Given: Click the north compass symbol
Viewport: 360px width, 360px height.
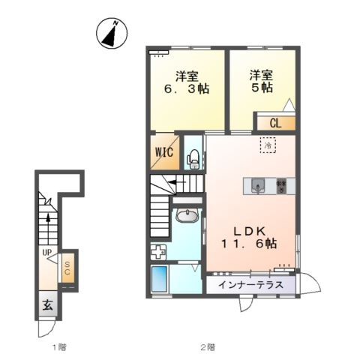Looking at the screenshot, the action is [112, 33].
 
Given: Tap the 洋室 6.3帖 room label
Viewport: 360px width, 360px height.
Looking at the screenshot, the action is [187, 82].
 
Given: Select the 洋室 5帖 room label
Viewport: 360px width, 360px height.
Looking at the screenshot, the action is [262, 82].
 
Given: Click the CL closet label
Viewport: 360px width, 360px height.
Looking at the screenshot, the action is [275, 123].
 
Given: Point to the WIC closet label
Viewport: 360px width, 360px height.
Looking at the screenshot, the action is [164, 151].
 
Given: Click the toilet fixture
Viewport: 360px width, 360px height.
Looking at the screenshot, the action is [193, 159].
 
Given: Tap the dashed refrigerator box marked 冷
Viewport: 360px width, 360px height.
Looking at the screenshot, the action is [268, 145].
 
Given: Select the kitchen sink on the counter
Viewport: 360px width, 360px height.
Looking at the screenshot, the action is [257, 186].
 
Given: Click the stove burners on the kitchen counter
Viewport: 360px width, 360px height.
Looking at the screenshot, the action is [281, 186].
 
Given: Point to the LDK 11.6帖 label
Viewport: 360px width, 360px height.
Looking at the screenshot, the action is [249, 238].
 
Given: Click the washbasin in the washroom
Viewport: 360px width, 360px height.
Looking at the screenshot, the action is [187, 215].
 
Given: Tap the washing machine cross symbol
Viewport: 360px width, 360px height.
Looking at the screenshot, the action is [158, 252].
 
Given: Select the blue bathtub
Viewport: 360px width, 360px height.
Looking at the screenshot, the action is [159, 279].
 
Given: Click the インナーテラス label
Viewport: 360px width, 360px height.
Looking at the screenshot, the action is [250, 285].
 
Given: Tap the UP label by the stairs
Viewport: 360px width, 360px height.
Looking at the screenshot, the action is [46, 253].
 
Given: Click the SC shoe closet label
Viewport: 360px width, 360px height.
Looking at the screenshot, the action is [67, 268].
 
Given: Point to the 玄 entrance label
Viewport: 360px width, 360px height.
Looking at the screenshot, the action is [47, 305].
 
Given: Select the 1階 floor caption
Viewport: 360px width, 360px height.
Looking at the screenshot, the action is [59, 347].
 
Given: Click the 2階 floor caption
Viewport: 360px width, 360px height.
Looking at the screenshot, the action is [208, 347].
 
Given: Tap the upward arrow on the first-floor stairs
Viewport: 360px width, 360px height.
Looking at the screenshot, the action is [48, 220].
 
